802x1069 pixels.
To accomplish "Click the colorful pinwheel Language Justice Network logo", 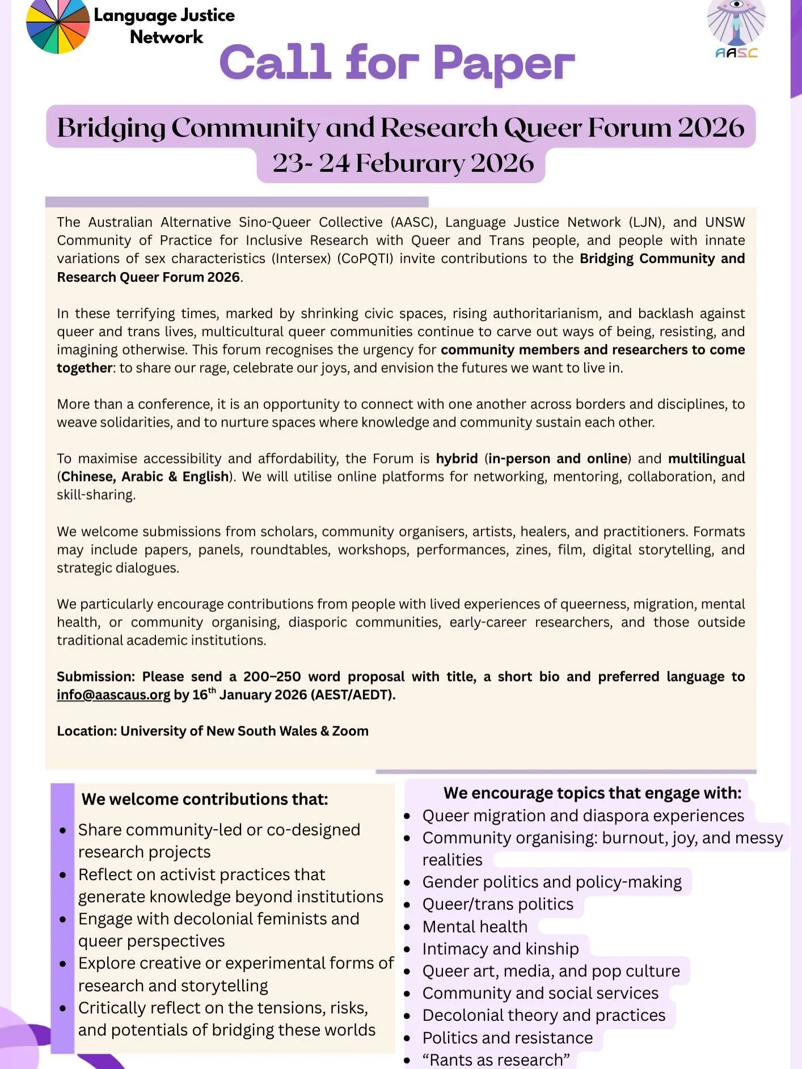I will click(58, 27).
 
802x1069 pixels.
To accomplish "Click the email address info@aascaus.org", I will click(113, 695).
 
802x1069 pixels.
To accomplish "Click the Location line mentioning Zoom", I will click(212, 731).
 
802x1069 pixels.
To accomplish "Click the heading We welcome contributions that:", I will click(204, 799).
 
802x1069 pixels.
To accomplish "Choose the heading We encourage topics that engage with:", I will click(592, 793).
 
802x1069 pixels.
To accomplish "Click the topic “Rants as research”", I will click(496, 1059).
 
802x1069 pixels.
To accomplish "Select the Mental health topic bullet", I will click(474, 927).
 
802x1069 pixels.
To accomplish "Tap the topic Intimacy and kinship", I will click(500, 949).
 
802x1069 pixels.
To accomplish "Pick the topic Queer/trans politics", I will click(497, 904).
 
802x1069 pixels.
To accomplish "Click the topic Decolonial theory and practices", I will click(543, 1015).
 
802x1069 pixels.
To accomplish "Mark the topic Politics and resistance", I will click(507, 1038).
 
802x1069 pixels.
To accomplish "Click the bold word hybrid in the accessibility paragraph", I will click(457, 458).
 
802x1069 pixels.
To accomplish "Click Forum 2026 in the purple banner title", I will click(665, 127).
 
